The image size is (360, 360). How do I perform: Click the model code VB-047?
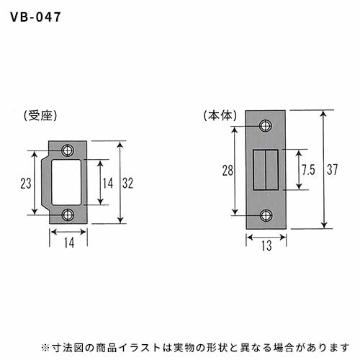[35, 17]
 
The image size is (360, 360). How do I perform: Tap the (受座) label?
[40, 116]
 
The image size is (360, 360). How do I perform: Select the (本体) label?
[220, 115]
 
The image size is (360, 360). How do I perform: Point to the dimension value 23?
[26, 183]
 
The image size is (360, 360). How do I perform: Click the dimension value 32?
[127, 183]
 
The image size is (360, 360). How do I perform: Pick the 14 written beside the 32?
[108, 183]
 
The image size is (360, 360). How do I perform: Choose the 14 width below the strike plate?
[69, 243]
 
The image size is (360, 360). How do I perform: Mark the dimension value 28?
[228, 171]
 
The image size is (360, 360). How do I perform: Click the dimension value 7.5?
[308, 170]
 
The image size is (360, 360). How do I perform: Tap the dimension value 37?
[333, 169]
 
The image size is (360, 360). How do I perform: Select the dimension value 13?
[266, 246]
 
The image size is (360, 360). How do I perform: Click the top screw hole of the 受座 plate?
[68, 150]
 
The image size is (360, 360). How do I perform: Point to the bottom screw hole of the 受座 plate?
[68, 215]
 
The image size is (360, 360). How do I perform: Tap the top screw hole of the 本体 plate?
[266, 125]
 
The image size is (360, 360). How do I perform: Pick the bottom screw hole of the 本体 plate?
[266, 215]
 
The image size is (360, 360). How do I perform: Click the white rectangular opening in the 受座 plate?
[66, 182]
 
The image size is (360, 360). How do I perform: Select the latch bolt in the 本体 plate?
[266, 170]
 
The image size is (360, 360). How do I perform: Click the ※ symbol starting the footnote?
[45, 347]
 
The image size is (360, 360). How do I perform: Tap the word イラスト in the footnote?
[140, 347]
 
